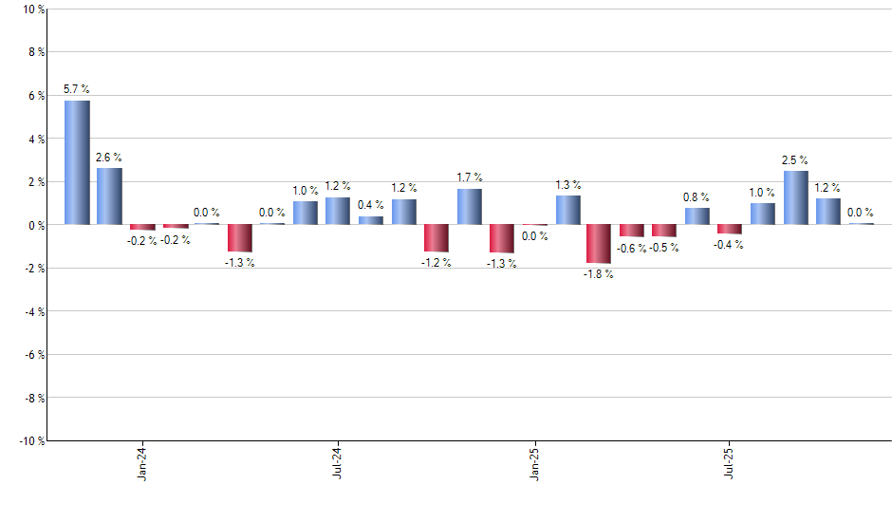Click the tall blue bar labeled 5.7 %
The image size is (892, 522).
77,162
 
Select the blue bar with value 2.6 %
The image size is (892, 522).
109,196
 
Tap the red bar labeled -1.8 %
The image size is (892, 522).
598,244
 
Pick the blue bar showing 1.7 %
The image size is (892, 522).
470,207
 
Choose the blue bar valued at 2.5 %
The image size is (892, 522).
795,197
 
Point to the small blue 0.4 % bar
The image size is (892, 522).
371,220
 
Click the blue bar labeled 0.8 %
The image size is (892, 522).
697,216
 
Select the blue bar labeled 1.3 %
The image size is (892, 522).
568,211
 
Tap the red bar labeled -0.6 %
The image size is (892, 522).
631,231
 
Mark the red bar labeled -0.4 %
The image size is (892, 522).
730,229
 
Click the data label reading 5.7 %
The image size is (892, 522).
77,89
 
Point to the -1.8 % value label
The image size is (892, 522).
598,274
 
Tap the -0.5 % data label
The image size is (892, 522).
664,249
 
